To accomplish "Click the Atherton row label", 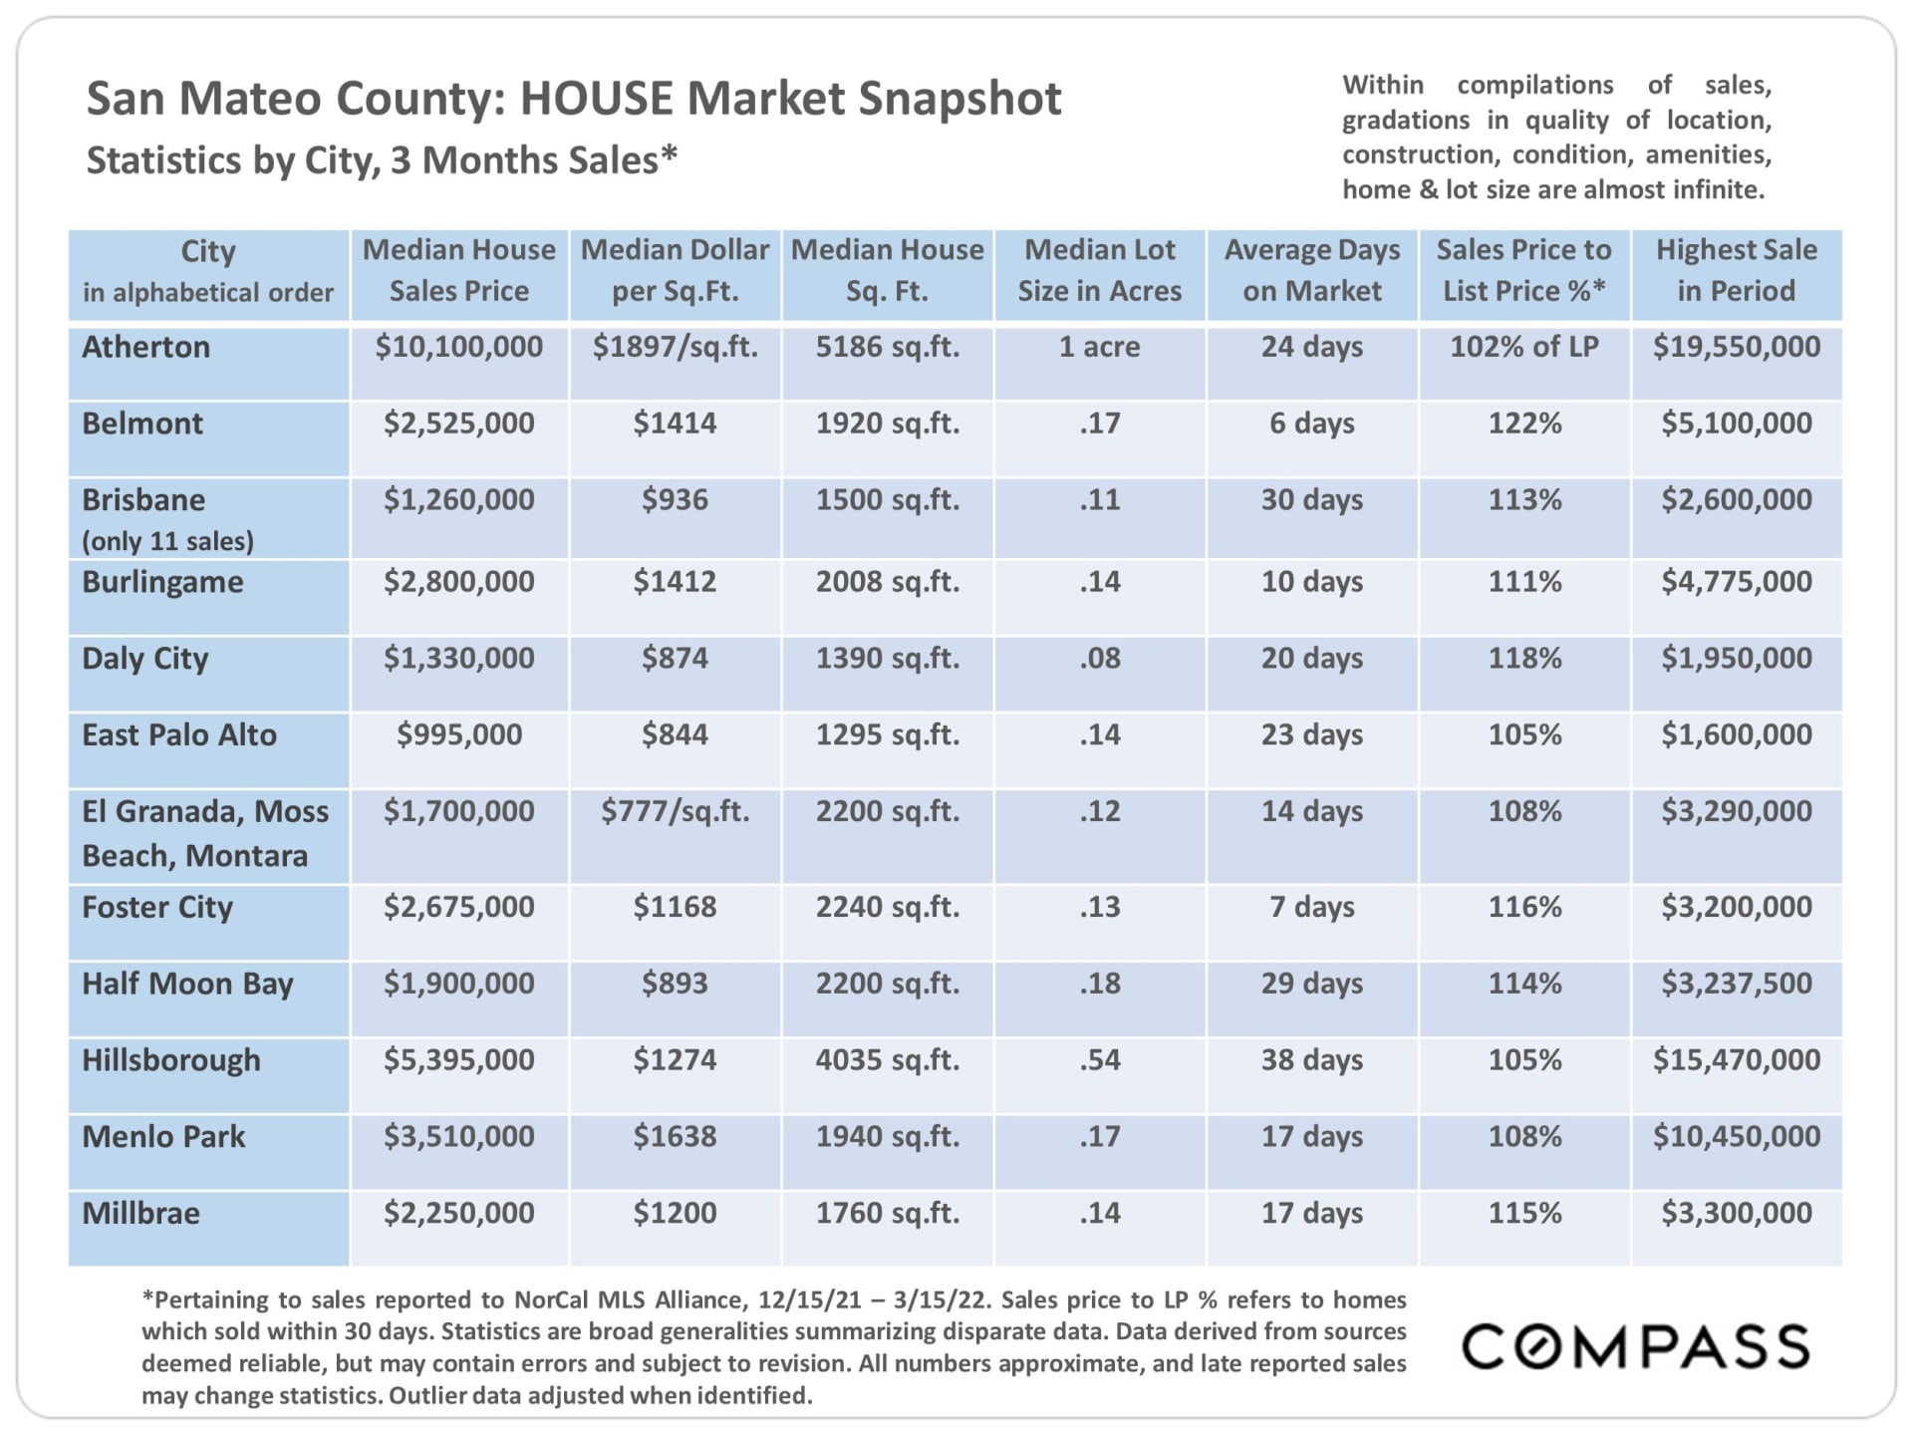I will click(x=145, y=347).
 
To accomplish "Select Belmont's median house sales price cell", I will click(x=458, y=424).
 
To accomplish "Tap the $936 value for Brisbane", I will click(x=675, y=499).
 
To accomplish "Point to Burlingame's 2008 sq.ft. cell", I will click(x=887, y=582).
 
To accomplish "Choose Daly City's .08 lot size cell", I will click(x=1099, y=659).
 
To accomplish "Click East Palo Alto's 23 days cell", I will click(x=1311, y=735).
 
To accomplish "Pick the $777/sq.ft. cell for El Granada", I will click(x=675, y=811).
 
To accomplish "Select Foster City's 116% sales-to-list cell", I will click(x=1523, y=907).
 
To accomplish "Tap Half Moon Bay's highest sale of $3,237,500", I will click(x=1736, y=984).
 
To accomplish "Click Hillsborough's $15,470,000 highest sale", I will click(x=1736, y=1060).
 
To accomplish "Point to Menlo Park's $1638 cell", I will click(x=675, y=1137).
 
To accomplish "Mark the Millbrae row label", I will click(x=140, y=1214).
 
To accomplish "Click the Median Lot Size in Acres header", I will click(x=1099, y=270).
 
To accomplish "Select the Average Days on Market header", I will click(x=1311, y=270).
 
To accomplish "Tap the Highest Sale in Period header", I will click(x=1736, y=270).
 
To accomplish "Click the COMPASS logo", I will click(x=1635, y=1347).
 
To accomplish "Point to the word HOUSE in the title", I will click(x=596, y=99).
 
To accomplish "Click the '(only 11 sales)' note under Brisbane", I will click(x=167, y=541).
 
